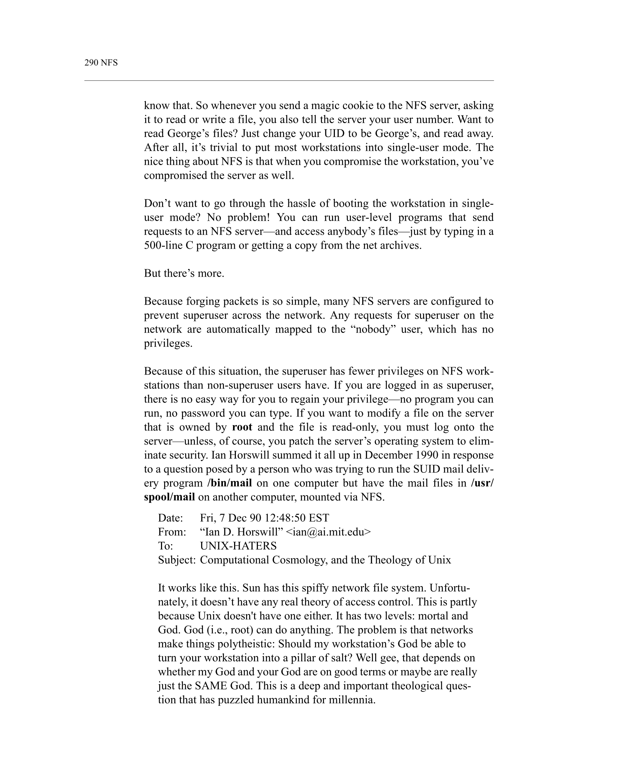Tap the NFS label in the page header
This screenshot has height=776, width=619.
109,63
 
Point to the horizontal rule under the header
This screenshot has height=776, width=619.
289,81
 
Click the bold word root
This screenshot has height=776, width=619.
242,427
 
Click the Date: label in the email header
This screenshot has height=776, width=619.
170,518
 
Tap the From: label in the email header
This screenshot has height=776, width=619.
172,532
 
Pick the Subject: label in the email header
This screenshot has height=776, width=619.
176,560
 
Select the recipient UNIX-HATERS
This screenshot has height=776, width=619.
238,546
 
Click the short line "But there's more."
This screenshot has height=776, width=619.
184,273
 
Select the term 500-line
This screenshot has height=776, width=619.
163,245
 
